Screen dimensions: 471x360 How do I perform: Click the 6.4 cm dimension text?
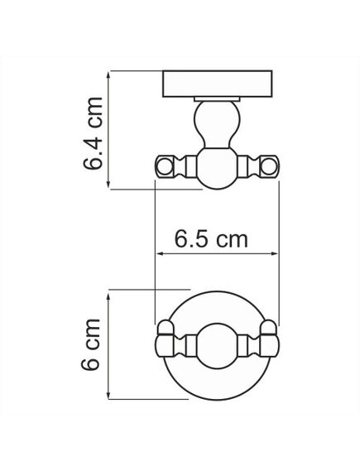click(x=94, y=132)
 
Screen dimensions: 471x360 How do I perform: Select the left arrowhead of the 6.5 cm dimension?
click(x=160, y=256)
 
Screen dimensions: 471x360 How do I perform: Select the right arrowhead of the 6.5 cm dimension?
click(x=278, y=256)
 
